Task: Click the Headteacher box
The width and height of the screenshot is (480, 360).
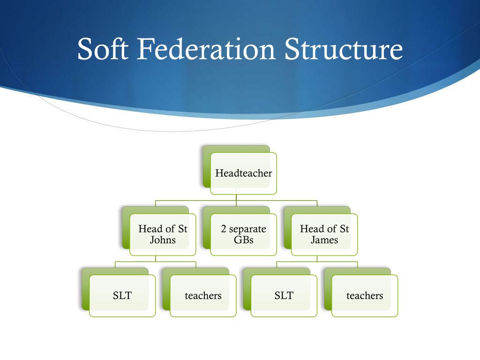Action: pos(243,173)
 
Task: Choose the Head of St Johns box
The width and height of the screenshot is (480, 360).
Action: pos(163,234)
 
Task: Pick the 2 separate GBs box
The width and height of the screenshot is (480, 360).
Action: pos(243,234)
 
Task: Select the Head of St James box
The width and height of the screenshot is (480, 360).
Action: pos(324,234)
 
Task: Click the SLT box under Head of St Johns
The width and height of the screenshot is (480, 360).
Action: pos(122,296)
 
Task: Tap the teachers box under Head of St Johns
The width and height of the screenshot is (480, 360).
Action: pos(203,296)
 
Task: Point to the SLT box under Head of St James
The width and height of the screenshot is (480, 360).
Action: pos(284,296)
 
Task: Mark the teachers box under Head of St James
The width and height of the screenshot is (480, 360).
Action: pos(365,296)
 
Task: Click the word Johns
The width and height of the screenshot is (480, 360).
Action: pos(163,240)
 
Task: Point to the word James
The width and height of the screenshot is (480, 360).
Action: pos(324,240)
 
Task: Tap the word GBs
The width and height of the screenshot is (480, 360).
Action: pos(243,240)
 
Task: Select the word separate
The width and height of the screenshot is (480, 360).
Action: pos(247,229)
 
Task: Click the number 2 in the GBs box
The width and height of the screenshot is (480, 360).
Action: pos(224,229)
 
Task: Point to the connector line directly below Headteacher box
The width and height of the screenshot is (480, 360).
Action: pos(236,197)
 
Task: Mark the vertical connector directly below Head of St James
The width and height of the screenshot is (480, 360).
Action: pos(317,259)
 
